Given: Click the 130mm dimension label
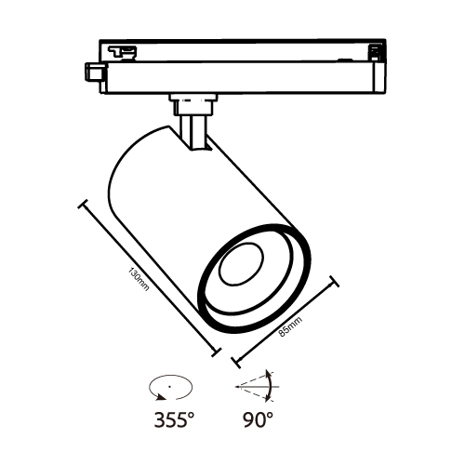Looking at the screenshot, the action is [x=139, y=280].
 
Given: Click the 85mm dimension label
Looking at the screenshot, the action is [x=290, y=327].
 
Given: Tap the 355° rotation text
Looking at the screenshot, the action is [x=174, y=419].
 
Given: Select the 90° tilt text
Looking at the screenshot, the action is [x=258, y=419].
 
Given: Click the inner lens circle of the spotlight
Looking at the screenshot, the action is [x=241, y=264].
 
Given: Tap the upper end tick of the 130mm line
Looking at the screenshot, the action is [x=84, y=205].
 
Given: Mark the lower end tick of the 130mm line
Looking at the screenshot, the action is [x=216, y=352].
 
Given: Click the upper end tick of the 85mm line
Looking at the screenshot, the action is [x=334, y=281].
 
